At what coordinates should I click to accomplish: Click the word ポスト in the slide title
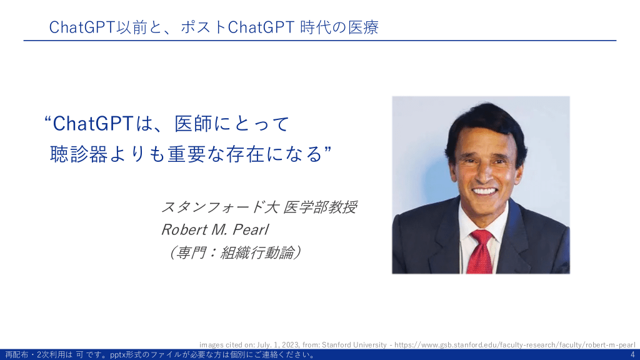[204, 27]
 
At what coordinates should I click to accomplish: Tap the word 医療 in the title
[363, 27]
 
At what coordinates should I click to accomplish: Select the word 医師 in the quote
[194, 123]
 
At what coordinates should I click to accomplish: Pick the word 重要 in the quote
[186, 154]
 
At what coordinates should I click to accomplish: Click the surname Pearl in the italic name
[251, 230]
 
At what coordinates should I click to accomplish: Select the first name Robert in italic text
[184, 230]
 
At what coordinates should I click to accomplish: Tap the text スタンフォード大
[220, 207]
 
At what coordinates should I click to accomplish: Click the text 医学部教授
[321, 207]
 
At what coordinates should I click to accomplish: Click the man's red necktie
[481, 251]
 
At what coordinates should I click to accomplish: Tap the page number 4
[632, 355]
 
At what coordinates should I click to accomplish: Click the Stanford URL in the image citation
[515, 345]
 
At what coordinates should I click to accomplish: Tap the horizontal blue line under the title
[320, 41]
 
